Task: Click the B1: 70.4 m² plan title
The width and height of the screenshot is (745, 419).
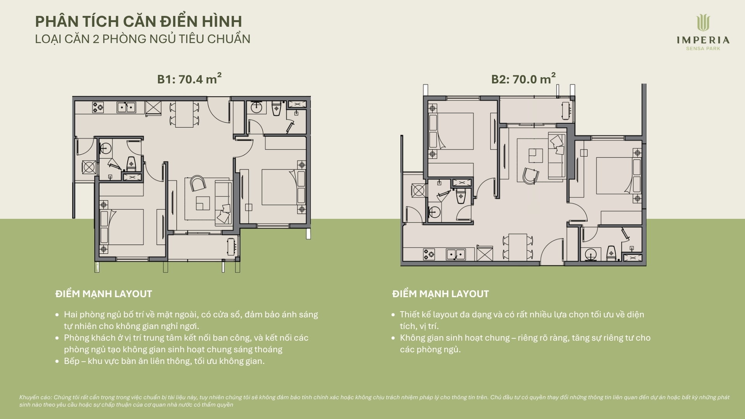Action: [189, 79]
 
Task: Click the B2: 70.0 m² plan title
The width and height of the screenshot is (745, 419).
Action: [523, 79]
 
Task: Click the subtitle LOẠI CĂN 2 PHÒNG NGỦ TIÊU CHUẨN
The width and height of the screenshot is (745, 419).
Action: [143, 39]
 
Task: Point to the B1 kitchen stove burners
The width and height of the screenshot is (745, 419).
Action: [98, 107]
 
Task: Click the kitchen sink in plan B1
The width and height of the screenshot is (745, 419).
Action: [126, 107]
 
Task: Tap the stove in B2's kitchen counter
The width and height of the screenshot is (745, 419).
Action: [429, 255]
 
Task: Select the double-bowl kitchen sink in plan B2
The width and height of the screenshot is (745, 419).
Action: [456, 255]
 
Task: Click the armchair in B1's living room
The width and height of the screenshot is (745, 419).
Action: [198, 183]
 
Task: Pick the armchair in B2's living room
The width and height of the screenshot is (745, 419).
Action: [530, 176]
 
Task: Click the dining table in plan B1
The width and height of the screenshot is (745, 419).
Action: [184, 114]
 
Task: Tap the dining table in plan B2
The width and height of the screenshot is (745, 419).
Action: [518, 247]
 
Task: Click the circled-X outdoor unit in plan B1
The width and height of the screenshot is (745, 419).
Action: [89, 168]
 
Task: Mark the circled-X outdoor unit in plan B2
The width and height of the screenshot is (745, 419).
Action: [419, 190]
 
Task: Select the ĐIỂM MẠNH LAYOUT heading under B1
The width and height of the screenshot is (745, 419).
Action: [104, 294]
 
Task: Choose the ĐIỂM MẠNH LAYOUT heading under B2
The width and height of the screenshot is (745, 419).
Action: [440, 294]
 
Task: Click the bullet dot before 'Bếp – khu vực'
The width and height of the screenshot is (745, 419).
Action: [57, 361]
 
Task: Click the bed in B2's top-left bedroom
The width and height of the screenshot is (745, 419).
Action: [451, 131]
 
